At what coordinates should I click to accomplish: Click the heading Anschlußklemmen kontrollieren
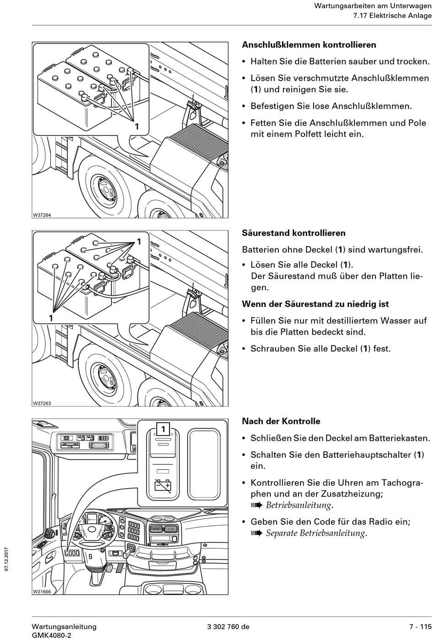click(309, 45)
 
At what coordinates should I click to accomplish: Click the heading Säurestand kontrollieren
click(294, 233)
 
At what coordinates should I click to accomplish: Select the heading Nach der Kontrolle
click(281, 421)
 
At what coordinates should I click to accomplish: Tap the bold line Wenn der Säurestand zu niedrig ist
click(315, 304)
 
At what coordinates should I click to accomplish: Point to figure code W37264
click(42, 215)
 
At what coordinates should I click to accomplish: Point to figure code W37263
click(42, 403)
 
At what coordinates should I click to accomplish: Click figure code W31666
click(42, 592)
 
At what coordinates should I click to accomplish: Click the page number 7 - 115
click(420, 627)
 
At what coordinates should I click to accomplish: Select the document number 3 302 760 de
click(228, 627)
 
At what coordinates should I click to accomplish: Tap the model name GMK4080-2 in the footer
click(51, 635)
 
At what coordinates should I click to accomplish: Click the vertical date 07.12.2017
click(7, 559)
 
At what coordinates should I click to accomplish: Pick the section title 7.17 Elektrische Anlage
click(392, 16)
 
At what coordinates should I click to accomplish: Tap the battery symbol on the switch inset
click(163, 485)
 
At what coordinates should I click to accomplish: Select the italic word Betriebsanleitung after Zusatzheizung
click(298, 506)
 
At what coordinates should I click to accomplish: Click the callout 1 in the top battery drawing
click(136, 126)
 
